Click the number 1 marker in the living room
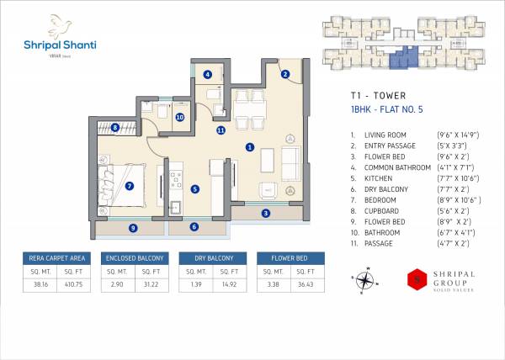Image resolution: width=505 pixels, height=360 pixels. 250,147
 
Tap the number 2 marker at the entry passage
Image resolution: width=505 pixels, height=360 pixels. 285,74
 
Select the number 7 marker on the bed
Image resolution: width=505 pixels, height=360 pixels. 129,186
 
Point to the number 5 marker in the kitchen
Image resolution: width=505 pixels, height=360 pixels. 194,189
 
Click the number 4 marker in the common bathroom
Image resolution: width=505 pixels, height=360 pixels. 207,74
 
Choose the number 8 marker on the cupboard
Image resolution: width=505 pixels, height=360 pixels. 114,128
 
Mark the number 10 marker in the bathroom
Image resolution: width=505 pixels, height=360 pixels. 179,118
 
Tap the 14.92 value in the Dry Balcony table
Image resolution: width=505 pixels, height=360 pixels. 227,285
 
